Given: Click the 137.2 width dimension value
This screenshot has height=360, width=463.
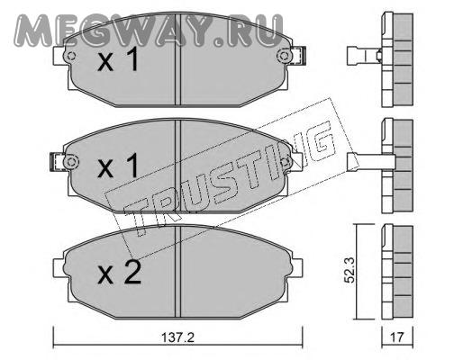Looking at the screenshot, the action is click(x=178, y=337).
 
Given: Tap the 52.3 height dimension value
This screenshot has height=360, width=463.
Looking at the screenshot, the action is click(x=350, y=270).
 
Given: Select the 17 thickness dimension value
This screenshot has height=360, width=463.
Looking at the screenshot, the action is click(x=396, y=337).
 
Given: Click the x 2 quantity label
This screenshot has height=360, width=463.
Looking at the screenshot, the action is click(x=120, y=272).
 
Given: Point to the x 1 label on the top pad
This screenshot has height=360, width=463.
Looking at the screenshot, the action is click(x=118, y=58).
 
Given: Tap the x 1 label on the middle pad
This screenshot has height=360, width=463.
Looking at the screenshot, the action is click(x=118, y=165).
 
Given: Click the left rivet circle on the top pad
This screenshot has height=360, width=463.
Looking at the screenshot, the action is click(x=71, y=56).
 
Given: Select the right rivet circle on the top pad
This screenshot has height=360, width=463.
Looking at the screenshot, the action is click(x=284, y=56).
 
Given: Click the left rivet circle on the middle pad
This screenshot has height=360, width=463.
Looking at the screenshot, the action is click(x=71, y=162).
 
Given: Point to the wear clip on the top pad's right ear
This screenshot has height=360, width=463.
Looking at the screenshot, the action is click(x=298, y=56).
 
